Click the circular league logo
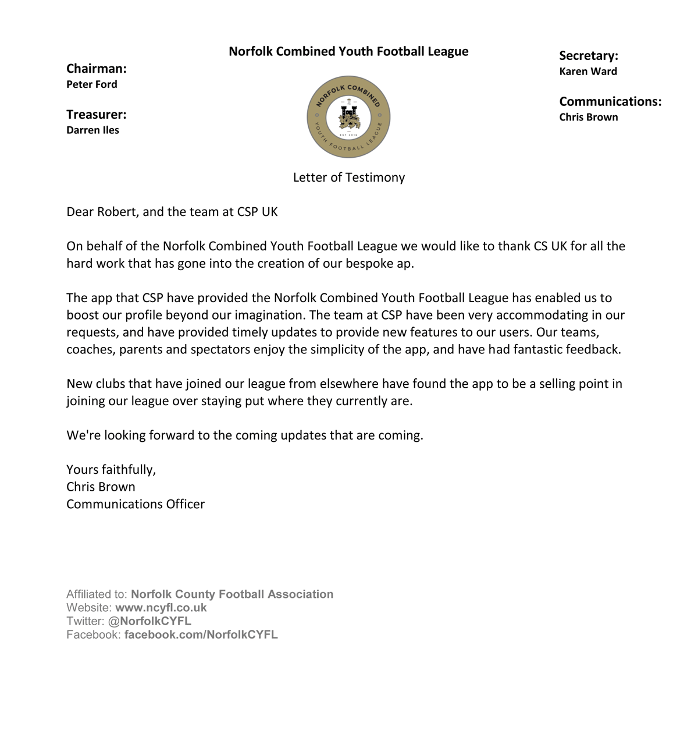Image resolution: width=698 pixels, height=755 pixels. (348, 117)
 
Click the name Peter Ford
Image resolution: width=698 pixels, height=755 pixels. (92, 84)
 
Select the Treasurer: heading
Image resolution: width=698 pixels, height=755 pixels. (96, 115)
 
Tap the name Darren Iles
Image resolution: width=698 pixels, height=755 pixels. (92, 130)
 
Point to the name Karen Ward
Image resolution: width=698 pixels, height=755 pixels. (588, 72)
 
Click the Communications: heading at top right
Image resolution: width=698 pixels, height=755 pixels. (610, 102)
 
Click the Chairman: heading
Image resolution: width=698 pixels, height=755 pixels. (96, 69)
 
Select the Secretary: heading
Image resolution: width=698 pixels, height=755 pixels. (588, 56)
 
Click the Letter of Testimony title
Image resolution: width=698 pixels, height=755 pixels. (348, 178)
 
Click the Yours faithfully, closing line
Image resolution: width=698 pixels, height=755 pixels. (111, 470)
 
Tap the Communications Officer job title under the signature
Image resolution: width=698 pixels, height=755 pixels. (136, 504)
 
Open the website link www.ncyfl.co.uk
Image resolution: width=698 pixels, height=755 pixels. (161, 608)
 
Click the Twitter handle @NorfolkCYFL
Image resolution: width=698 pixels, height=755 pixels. (149, 621)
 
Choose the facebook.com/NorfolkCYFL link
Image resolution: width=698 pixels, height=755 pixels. (201, 635)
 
